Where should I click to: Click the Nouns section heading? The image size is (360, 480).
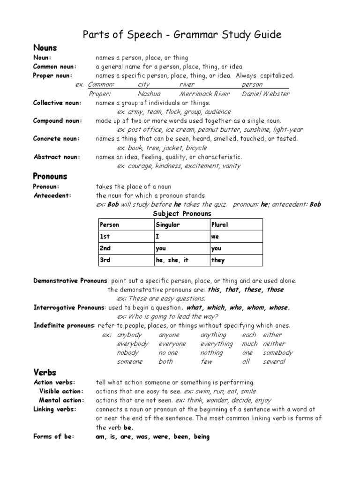coord(45,47)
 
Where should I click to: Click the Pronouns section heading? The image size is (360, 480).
coord(50,176)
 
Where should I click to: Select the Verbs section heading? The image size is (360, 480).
coord(45,372)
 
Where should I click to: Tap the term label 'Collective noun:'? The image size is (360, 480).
coord(57,103)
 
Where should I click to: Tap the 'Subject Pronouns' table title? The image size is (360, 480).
coord(182,214)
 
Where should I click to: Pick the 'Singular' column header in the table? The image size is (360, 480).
coord(168,225)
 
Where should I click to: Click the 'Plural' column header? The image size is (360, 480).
coord(219,225)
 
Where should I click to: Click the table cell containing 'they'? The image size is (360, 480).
coord(218,260)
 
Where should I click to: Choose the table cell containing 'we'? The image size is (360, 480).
coord(215,237)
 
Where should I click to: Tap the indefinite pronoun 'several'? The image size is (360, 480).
coord(274,361)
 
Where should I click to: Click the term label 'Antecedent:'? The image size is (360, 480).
coord(52,195)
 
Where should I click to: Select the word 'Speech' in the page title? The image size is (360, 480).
coord(140,34)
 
